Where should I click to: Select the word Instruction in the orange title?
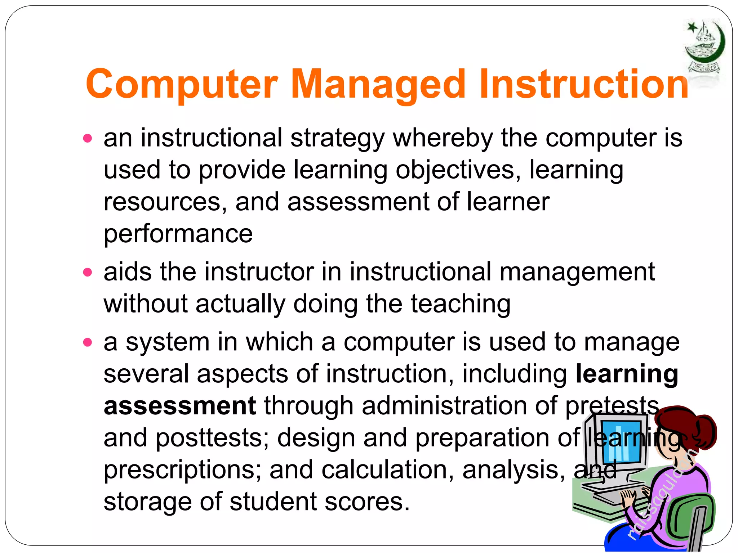tap(584, 85)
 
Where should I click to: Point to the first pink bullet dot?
tap(88, 139)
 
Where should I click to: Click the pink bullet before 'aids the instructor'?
tap(88, 272)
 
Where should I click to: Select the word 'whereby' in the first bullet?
tap(443, 138)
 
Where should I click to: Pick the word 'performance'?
tap(178, 234)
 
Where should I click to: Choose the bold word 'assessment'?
tap(180, 406)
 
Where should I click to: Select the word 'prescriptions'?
tap(182, 470)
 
